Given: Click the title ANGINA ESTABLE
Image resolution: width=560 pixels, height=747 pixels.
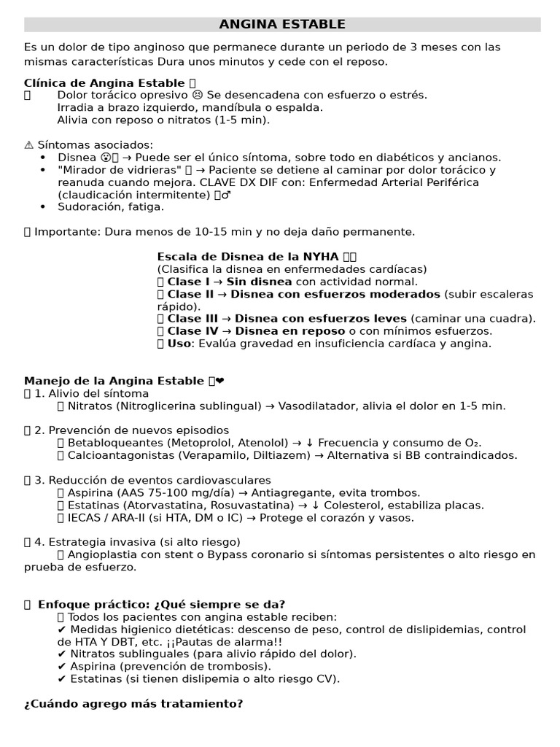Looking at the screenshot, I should tap(282, 25).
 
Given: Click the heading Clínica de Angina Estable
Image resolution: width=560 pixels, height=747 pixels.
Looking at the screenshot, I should tap(104, 83).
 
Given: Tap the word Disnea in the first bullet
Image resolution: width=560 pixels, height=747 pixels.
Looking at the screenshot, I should tap(77, 158).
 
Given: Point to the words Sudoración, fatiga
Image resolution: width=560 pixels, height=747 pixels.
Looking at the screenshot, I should tap(111, 207).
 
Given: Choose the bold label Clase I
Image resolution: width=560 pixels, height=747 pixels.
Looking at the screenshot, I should tap(188, 282).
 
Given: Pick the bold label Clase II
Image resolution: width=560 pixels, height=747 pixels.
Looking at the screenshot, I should tap(190, 294).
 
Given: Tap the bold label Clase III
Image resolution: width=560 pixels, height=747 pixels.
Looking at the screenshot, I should tap(192, 319).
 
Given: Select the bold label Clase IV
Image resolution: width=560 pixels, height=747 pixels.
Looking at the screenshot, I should tap(192, 331).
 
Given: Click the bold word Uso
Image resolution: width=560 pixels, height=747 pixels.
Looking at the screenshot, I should tap(179, 344).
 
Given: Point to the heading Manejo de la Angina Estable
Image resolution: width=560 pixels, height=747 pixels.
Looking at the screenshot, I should tap(114, 381).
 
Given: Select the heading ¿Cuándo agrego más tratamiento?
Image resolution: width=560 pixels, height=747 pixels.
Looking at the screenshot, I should tap(133, 704).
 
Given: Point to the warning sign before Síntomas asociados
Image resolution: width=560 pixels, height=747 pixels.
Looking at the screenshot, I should tap(28, 145).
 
